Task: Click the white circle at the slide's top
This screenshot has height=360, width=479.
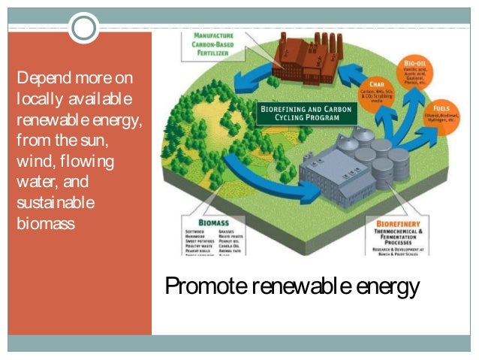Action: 84,29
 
